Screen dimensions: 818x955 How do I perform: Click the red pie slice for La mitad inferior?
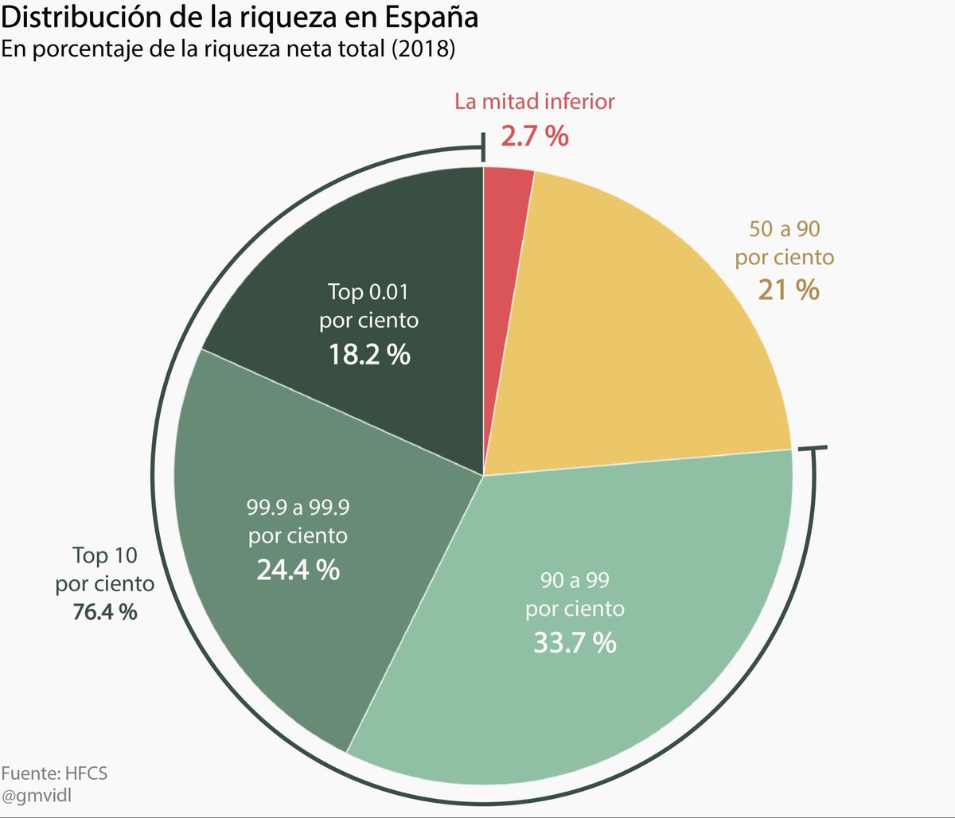(505, 239)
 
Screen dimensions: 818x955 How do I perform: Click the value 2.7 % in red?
(535, 137)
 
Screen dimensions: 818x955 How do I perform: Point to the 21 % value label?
(789, 290)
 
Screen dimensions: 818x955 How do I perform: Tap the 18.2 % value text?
(369, 354)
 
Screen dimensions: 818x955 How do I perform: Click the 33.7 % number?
(575, 642)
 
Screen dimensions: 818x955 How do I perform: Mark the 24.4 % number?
(298, 569)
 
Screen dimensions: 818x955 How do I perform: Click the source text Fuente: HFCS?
(53, 773)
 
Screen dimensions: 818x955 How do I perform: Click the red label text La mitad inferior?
(535, 101)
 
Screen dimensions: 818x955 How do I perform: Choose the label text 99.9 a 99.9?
(298, 506)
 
